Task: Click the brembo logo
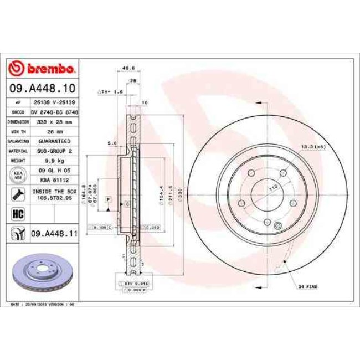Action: click(43, 69)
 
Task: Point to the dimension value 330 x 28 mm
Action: click(55, 121)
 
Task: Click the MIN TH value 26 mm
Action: click(55, 131)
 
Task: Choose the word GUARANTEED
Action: click(55, 141)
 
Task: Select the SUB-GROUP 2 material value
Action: click(55, 151)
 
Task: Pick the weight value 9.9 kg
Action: click(55, 161)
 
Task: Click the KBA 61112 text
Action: click(55, 180)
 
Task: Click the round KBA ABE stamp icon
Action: click(17, 175)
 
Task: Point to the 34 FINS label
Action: click(308, 286)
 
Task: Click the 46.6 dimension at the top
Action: click(128, 68)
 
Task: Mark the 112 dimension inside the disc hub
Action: click(272, 188)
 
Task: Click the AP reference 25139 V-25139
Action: click(55, 102)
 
